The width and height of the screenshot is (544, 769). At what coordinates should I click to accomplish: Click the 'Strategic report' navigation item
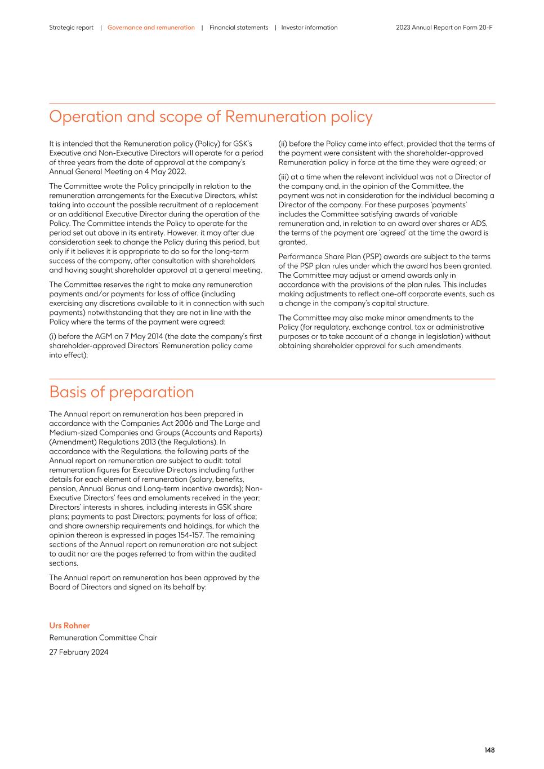pyautogui.click(x=71, y=28)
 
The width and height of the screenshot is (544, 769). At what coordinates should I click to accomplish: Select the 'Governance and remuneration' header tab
pyautogui.click(x=151, y=28)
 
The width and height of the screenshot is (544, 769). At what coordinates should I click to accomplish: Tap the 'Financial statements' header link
pyautogui.click(x=239, y=28)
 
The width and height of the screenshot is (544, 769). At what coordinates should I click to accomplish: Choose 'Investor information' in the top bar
pyautogui.click(x=309, y=28)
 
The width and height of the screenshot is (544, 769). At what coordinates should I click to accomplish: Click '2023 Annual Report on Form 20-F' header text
pyautogui.click(x=444, y=28)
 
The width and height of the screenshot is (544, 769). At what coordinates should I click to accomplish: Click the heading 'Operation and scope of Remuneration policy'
pyautogui.click(x=211, y=117)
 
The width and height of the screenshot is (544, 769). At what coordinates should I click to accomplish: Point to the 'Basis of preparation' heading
pyautogui.click(x=121, y=392)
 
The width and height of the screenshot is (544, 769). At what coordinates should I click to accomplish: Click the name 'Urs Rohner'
pyautogui.click(x=69, y=626)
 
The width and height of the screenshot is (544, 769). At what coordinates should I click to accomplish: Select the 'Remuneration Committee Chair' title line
pyautogui.click(x=103, y=638)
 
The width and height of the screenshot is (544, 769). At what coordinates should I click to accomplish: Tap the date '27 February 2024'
pyautogui.click(x=79, y=652)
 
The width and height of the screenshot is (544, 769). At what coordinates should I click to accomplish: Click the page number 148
pyautogui.click(x=489, y=750)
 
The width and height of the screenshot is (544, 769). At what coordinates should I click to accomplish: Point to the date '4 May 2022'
pyautogui.click(x=167, y=172)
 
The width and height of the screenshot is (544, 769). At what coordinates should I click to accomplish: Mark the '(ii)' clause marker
pyautogui.click(x=283, y=144)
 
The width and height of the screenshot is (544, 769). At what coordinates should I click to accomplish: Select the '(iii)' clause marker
pyautogui.click(x=284, y=177)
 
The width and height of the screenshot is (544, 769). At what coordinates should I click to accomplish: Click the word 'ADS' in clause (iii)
pyautogui.click(x=480, y=224)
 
